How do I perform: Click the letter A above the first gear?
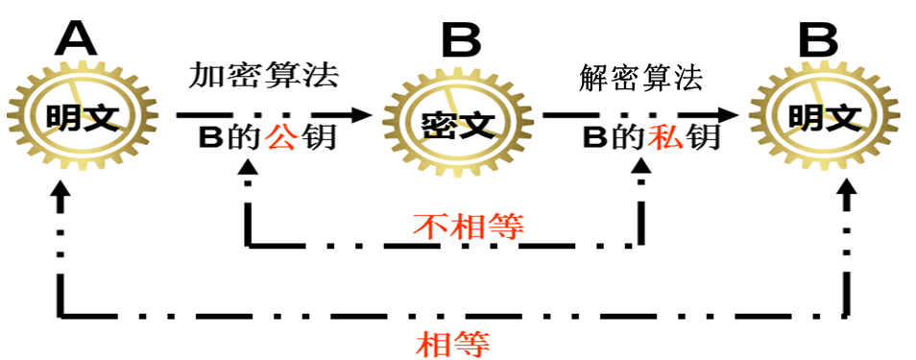click(77, 39)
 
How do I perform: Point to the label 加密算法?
click(263, 76)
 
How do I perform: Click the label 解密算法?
click(640, 78)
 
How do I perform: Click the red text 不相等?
click(468, 226)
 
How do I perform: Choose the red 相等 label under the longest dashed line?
click(453, 344)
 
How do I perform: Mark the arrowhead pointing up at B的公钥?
click(249, 167)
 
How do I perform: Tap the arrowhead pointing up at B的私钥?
click(641, 167)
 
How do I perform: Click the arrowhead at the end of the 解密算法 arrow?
click(726, 114)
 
